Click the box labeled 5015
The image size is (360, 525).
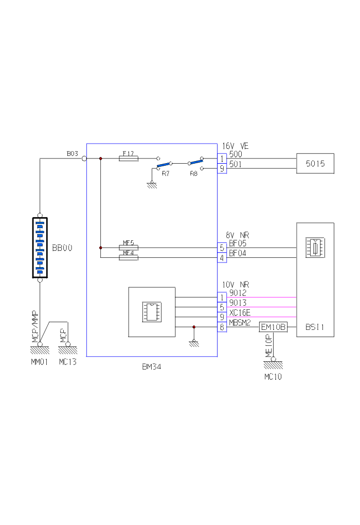click(315, 164)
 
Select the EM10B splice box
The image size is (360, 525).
click(273, 327)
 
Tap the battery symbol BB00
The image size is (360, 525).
click(40, 248)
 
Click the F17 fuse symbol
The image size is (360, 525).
click(128, 159)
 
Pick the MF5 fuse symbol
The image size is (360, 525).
click(128, 248)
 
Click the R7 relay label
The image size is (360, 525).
click(166, 174)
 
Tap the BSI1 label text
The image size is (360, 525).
click(314, 327)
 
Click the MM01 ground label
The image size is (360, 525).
click(40, 362)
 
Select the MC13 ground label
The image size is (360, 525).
click(67, 362)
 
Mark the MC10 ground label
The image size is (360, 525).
click(273, 376)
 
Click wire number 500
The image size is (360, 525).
click(236, 154)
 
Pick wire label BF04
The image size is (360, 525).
click(238, 253)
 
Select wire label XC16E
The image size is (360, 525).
click(240, 313)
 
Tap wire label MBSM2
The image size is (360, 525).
click(240, 322)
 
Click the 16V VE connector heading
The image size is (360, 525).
click(235, 146)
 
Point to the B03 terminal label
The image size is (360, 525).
click(73, 154)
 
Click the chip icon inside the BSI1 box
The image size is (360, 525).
click(315, 247)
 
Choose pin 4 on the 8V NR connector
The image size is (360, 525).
click(222, 258)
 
